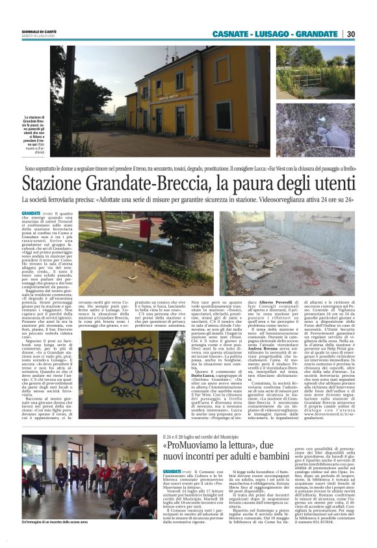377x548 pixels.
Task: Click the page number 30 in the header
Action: point(367,34)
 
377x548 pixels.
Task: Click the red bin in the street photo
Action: point(144,228)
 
